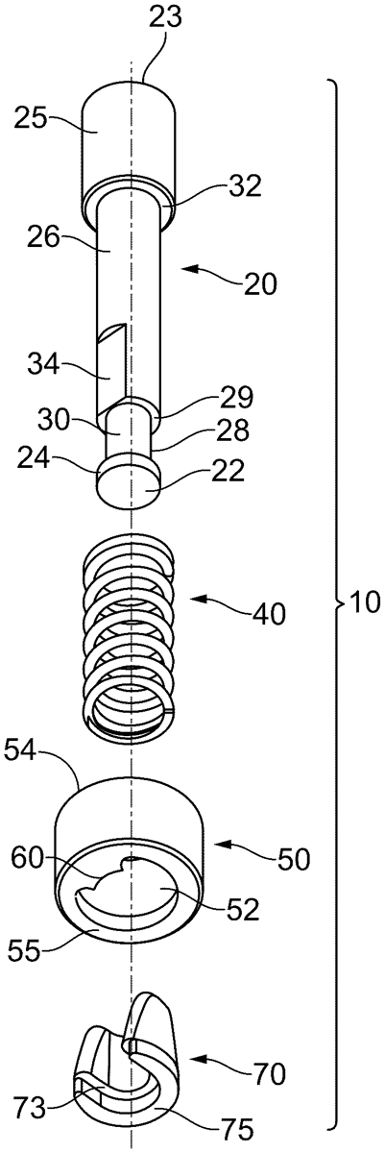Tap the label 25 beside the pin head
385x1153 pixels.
(x=31, y=118)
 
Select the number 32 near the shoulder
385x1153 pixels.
(x=246, y=185)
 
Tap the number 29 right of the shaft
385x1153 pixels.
(x=236, y=398)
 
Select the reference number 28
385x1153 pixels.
(x=233, y=430)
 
